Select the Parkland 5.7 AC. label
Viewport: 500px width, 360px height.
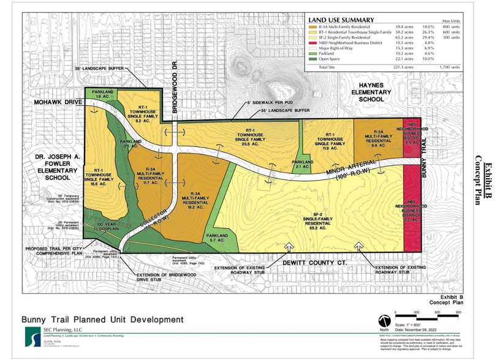point(216,238)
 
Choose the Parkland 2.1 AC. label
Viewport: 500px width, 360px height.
point(303,163)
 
